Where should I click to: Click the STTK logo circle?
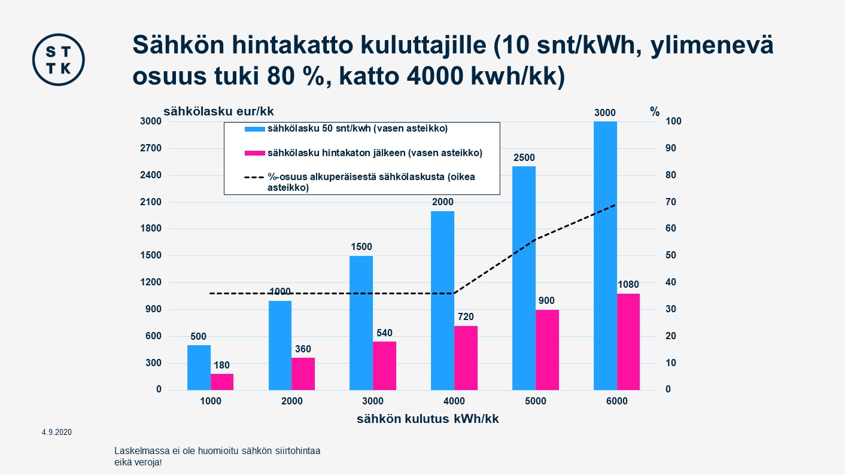pos(58,59)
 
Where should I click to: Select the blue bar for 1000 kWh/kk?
pos(199,367)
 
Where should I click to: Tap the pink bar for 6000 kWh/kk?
pos(628,342)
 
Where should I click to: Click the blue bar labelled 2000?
pos(442,300)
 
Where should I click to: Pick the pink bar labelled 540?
pos(384,366)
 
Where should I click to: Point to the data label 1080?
pos(628,285)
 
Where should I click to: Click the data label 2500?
pos(524,158)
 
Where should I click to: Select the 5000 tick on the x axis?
pos(536,401)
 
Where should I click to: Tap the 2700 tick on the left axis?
pos(150,148)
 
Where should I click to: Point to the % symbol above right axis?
pos(655,112)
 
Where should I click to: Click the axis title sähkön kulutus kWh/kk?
pos(427,419)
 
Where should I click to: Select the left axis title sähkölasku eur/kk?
pos(218,111)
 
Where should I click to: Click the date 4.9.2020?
pos(56,432)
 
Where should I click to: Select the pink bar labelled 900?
pos(547,349)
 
